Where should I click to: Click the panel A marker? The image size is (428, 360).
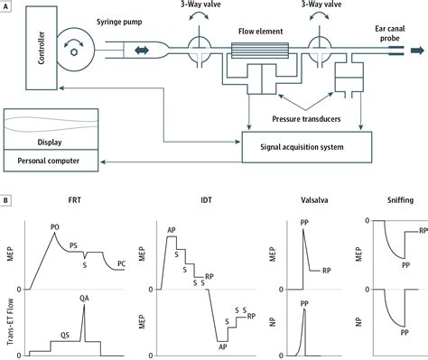[x=8, y=7]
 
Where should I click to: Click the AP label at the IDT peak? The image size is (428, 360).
[x=172, y=230]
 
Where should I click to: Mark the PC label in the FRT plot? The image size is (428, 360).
[x=121, y=263]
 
